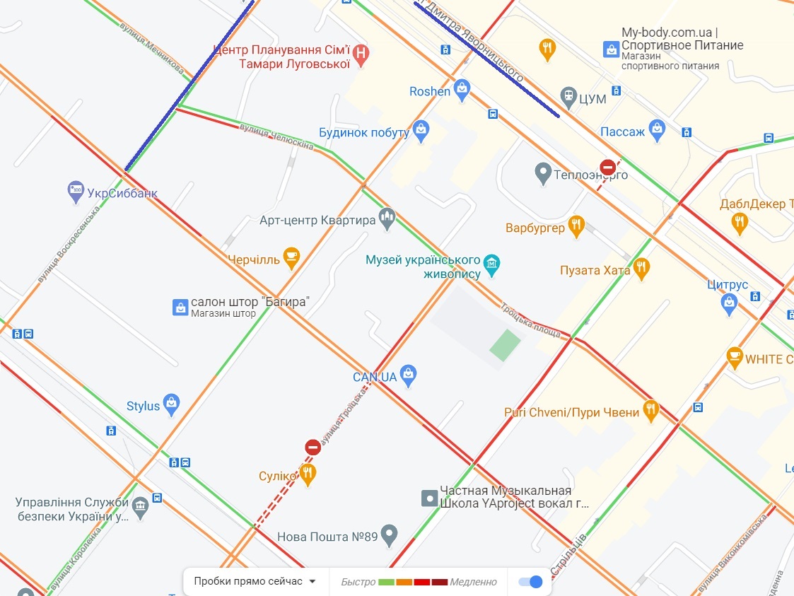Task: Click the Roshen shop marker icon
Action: click(462, 89)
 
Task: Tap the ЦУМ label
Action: click(592, 99)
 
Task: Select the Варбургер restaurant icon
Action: click(576, 226)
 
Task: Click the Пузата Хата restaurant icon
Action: click(641, 268)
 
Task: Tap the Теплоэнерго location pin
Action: click(543, 173)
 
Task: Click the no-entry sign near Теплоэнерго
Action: click(608, 168)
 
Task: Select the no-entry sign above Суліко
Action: click(313, 447)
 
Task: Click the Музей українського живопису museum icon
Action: click(493, 264)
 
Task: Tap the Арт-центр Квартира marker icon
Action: click(386, 218)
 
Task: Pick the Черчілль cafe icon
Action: click(291, 257)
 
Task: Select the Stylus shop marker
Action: click(171, 404)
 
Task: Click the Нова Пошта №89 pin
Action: click(389, 534)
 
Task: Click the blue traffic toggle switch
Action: click(530, 581)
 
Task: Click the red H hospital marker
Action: click(361, 54)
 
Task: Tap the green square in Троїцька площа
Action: click(505, 345)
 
